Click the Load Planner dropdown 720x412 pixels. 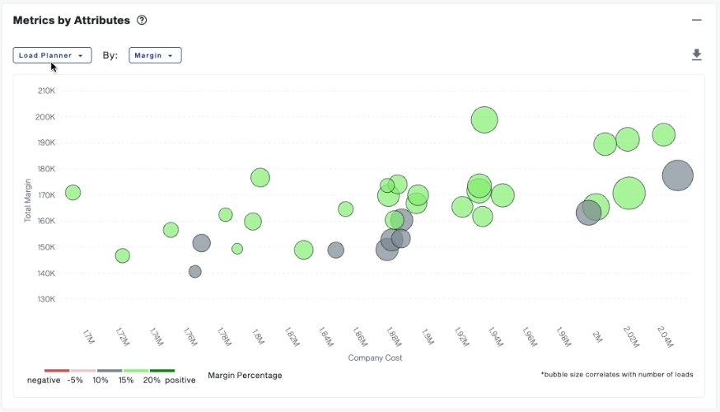52,55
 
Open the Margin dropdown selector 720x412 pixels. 155,55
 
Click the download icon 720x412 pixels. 696,55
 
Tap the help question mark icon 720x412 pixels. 142,20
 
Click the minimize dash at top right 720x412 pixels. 696,20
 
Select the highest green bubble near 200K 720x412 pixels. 485,119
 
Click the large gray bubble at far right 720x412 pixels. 677,176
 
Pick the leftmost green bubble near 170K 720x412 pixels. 72,193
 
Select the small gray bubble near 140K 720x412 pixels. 195,271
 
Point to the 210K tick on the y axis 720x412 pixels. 46,91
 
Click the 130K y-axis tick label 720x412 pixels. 46,299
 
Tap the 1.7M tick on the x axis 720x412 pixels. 89,337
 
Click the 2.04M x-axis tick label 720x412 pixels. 665,337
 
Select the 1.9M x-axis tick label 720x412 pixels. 427,337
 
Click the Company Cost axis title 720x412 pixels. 375,358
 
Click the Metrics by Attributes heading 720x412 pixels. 72,20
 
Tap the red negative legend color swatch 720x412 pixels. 57,371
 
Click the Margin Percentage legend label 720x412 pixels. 245,375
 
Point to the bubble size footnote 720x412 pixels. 617,374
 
